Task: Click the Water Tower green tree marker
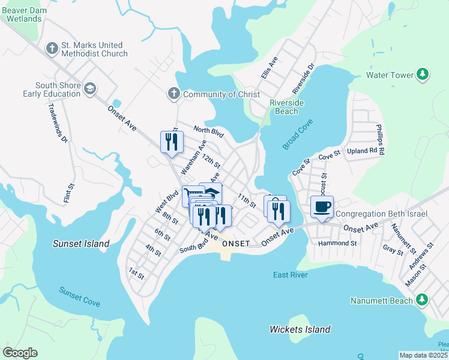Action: pos(423,74)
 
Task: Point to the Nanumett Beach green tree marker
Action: pos(422,300)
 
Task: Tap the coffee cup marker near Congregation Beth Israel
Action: pos(322,207)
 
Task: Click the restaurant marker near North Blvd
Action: pos(171,142)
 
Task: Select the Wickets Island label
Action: pos(300,329)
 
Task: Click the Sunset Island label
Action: pos(80,244)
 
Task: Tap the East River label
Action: pos(290,275)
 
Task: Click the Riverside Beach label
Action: pos(286,107)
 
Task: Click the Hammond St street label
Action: pos(337,243)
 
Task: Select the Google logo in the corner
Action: pos(20,353)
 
